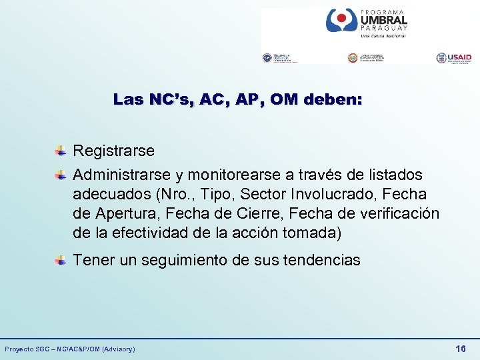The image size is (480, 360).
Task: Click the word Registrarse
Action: click(x=113, y=151)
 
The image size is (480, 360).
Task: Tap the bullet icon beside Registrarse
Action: click(x=60, y=151)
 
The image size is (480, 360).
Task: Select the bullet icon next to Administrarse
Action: click(x=60, y=175)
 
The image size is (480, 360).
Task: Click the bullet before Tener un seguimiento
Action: click(x=60, y=260)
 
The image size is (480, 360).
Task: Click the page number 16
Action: click(x=460, y=349)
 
